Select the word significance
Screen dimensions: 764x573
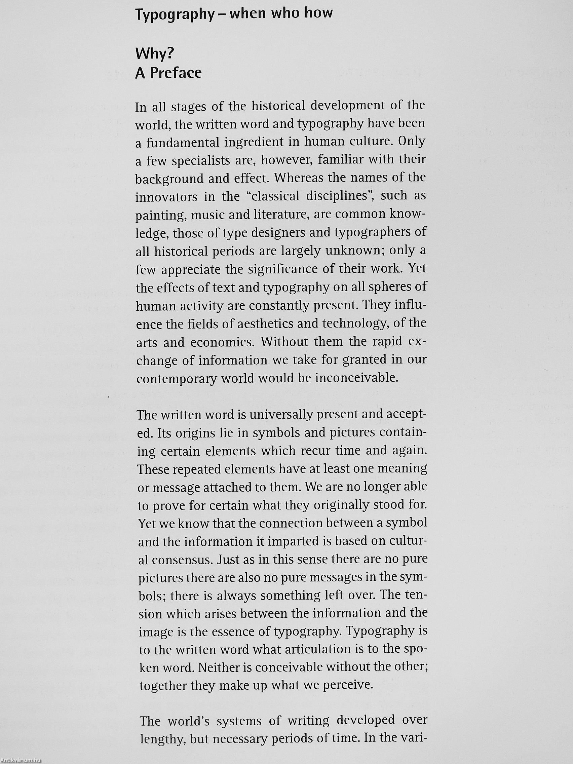(281, 269)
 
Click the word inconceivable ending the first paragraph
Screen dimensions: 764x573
(356, 378)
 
